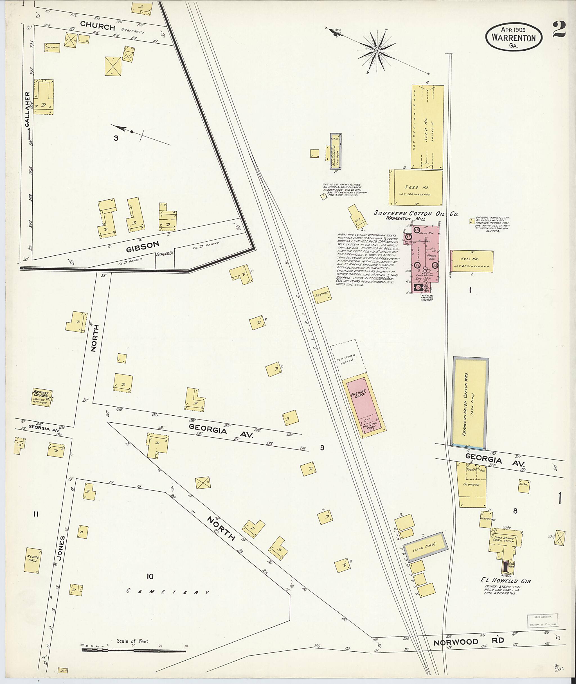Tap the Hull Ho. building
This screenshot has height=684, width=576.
(472, 261)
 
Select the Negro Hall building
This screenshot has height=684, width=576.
(33, 560)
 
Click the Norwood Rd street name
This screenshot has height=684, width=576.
(469, 642)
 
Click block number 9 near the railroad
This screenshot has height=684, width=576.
(322, 448)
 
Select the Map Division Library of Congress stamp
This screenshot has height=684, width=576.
(542, 621)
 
